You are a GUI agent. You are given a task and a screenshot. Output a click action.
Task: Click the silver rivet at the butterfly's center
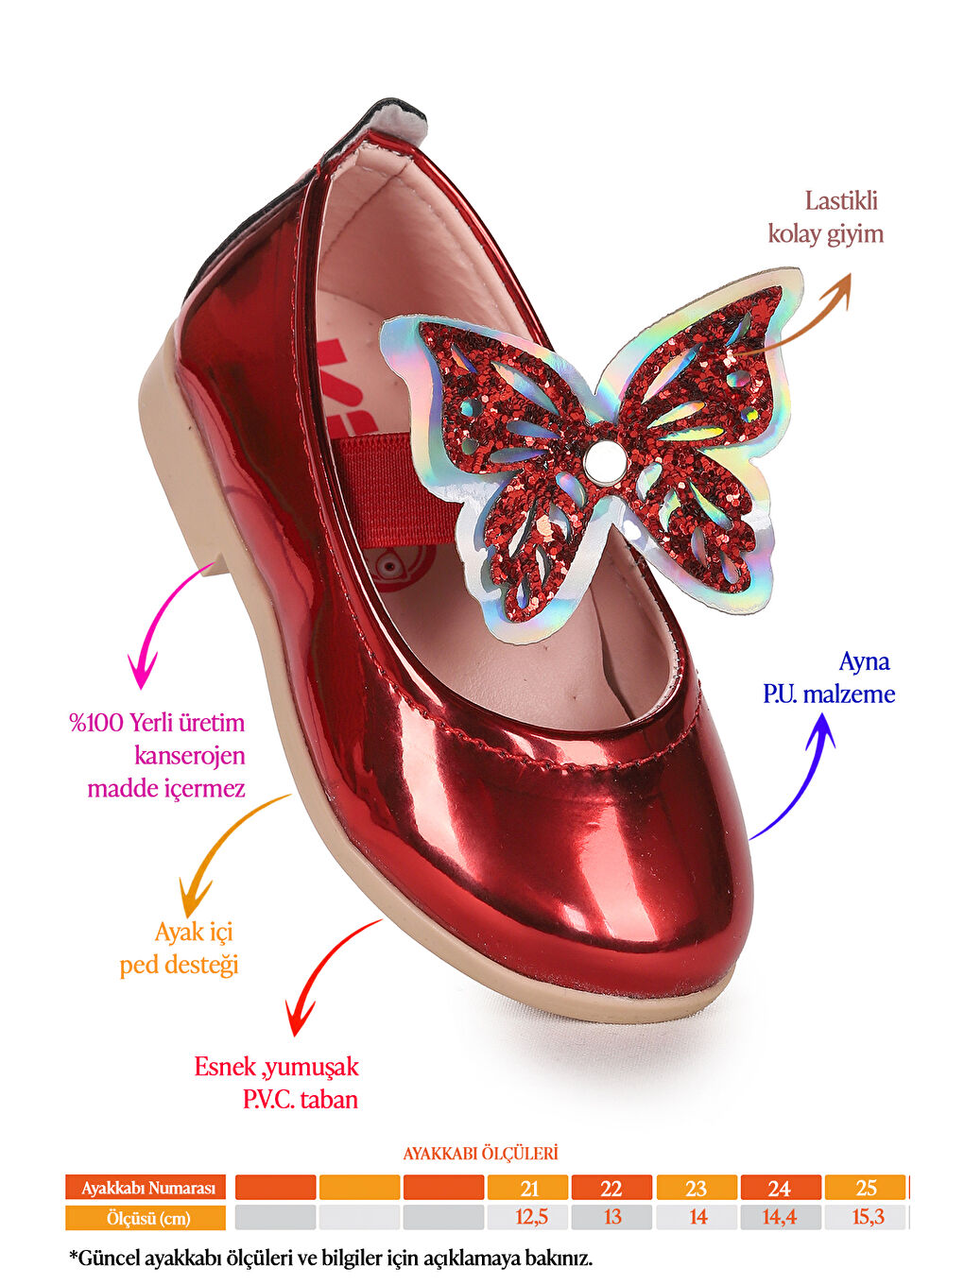598,462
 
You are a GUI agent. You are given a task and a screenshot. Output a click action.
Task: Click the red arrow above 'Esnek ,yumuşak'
326,973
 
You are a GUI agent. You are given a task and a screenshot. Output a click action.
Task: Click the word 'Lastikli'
841,200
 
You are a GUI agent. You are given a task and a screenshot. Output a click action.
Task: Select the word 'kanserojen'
189,755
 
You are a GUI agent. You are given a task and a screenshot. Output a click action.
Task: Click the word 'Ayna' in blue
864,661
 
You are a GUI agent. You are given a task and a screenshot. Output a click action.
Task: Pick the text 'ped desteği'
179,965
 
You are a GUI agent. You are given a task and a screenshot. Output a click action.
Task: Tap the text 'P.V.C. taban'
300,1099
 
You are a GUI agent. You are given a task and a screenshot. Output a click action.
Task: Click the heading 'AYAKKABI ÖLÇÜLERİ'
480,1153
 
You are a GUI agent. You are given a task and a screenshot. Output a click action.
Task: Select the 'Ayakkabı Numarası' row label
146,1188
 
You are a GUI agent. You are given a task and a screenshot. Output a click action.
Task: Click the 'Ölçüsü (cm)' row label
146,1218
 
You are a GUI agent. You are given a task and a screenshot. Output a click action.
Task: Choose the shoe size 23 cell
697,1188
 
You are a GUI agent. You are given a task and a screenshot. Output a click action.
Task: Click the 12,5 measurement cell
529,1217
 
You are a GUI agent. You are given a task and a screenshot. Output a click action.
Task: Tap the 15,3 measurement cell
867,1217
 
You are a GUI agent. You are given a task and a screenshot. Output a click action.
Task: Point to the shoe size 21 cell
529,1188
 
